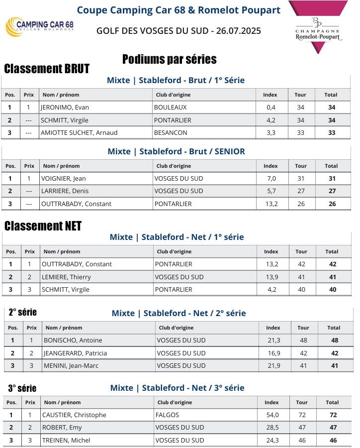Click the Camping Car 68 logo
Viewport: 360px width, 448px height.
(40, 26)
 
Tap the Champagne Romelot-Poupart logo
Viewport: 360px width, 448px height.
(318, 27)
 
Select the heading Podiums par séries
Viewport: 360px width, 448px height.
(169, 60)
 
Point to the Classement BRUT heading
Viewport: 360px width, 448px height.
(47, 69)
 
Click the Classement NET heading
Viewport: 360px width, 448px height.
(43, 226)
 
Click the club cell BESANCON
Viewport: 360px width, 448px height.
(171, 133)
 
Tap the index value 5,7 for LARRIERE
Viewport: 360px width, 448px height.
(270, 191)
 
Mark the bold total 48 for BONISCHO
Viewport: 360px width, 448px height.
(335, 340)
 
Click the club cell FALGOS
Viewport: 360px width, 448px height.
(167, 415)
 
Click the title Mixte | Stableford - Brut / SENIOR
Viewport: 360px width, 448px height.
(176, 151)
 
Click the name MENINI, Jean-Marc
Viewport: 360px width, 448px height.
(71, 366)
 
